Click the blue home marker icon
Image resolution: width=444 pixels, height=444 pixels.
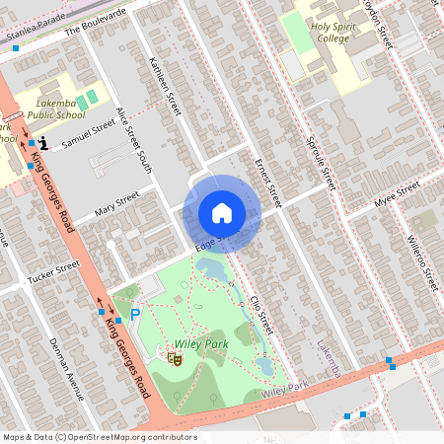(x=222, y=213)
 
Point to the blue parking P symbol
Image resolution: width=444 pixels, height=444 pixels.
(x=135, y=315)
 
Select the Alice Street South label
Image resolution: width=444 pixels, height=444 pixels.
(x=135, y=141)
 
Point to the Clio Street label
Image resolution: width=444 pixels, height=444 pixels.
(x=259, y=313)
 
